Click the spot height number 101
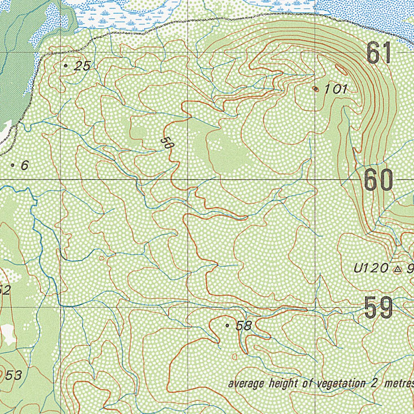(x=336, y=89)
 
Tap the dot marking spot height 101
(x=316, y=89)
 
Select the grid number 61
(x=379, y=53)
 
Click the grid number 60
(x=378, y=180)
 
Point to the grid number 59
(x=378, y=308)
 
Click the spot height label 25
(x=82, y=66)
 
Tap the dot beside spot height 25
(x=66, y=65)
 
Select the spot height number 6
(x=25, y=165)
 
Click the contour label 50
(x=165, y=142)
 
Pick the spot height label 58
(x=244, y=326)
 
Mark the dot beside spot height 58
(x=227, y=325)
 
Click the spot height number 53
(x=13, y=375)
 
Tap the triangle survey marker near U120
(x=397, y=268)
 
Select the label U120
(x=371, y=268)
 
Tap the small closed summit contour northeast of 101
(x=341, y=70)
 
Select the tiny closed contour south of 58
(x=235, y=357)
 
